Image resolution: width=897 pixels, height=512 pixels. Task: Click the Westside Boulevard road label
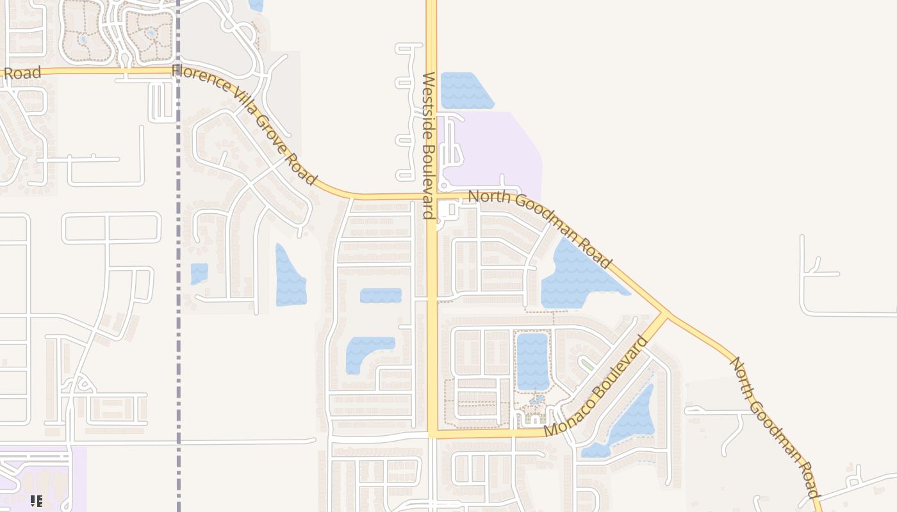[429, 145]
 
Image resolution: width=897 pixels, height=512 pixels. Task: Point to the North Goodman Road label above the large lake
[540, 227]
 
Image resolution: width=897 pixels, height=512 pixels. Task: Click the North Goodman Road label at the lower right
[775, 428]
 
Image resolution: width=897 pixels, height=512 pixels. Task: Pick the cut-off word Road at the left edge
[23, 72]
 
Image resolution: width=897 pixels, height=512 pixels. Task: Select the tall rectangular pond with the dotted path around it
[532, 361]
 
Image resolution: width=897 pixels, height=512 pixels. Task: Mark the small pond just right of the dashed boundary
[199, 273]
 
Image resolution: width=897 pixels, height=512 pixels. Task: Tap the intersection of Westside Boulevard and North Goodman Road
[431, 195]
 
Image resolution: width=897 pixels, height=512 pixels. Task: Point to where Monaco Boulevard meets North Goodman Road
[664, 314]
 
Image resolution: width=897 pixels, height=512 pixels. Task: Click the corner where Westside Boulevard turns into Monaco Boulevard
[432, 433]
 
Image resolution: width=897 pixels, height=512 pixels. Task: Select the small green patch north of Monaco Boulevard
[587, 364]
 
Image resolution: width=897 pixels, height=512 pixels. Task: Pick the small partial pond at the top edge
[256, 5]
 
